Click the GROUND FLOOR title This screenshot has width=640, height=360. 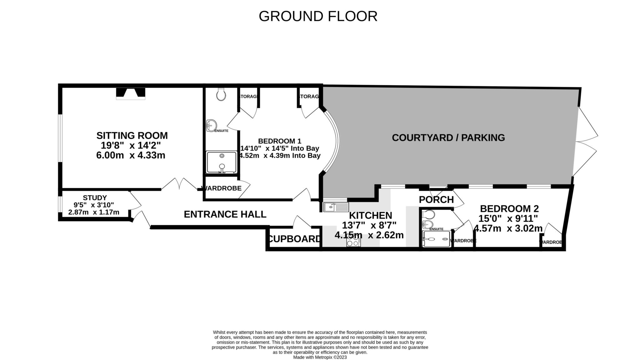[318, 16]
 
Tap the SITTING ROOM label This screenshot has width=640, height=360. [132, 136]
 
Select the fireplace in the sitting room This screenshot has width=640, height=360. [131, 93]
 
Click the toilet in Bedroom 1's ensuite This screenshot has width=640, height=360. [221, 94]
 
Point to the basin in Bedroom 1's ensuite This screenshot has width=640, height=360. [211, 126]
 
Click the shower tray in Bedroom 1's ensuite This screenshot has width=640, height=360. [222, 162]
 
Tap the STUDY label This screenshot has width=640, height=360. [95, 198]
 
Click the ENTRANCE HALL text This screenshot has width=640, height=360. [225, 214]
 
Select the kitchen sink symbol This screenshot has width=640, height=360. [336, 207]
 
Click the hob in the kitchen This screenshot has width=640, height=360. [353, 241]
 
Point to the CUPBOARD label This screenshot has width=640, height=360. [294, 239]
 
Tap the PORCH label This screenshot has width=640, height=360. [436, 200]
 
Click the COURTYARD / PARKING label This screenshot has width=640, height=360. [448, 138]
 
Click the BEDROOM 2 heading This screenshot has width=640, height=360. [509, 208]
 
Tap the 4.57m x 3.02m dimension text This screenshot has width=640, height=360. [508, 228]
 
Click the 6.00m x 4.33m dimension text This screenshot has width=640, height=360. [131, 155]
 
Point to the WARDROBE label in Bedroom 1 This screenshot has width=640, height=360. [222, 188]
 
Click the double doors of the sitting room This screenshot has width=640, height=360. [179, 184]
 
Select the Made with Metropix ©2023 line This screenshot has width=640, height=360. [320, 357]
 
